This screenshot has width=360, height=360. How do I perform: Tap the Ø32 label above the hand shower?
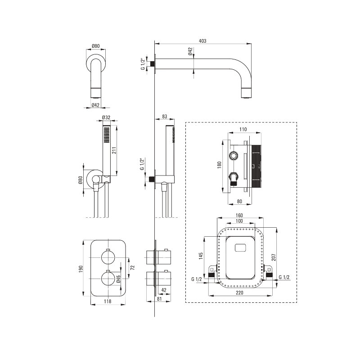click(x=107, y=117)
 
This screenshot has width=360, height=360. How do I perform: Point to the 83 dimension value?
click(x=164, y=117)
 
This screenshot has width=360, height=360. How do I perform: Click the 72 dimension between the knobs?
click(x=132, y=267)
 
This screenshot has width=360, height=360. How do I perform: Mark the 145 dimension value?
click(x=201, y=256)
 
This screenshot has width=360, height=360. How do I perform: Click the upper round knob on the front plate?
click(x=108, y=257)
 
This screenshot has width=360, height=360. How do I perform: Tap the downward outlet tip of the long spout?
click(x=246, y=94)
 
